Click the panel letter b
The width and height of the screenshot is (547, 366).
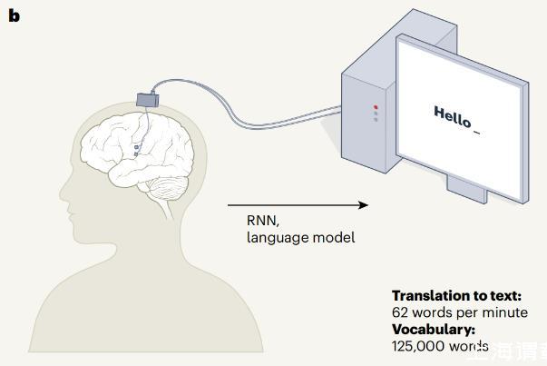point(13,15)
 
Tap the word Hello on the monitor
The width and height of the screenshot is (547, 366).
point(453,116)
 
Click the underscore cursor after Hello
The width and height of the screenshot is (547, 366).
point(477,134)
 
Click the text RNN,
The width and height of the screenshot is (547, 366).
point(263,221)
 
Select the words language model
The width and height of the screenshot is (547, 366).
point(300,238)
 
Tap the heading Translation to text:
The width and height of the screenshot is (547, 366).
point(456,296)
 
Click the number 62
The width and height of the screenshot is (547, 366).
point(400,312)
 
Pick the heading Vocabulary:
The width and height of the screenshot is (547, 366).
point(433,329)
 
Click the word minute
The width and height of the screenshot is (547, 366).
point(505,312)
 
